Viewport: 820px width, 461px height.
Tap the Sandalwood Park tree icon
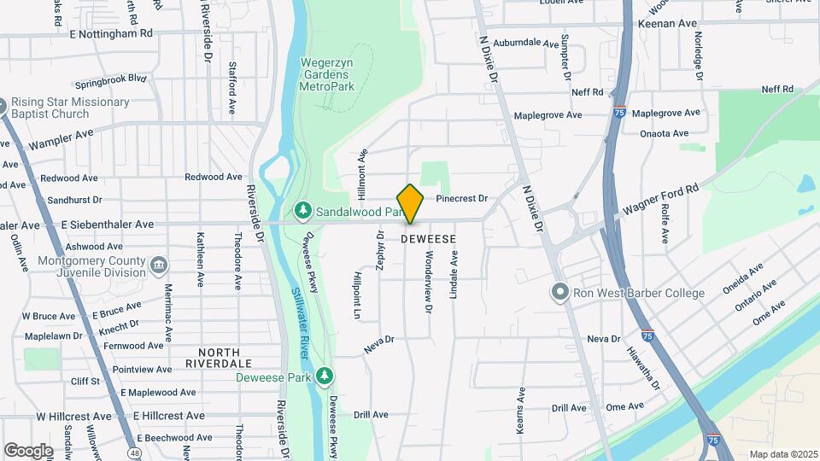[x=302, y=210]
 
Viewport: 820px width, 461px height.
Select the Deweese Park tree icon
[x=324, y=376]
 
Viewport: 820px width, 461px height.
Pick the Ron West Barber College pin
[x=559, y=293]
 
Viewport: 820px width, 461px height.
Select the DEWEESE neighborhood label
[x=428, y=240]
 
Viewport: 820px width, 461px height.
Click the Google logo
[x=28, y=450]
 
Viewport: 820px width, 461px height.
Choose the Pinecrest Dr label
[x=461, y=199]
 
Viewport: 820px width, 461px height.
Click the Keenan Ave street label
[x=667, y=24]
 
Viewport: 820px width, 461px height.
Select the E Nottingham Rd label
[x=111, y=32]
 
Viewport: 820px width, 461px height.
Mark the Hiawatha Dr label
[x=643, y=367]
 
